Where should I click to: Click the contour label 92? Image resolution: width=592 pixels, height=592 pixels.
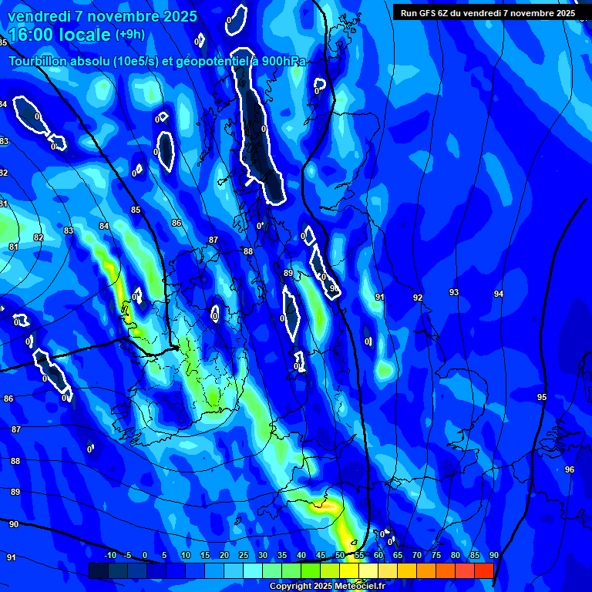tap(417, 298)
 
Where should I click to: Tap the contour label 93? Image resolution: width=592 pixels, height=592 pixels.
tap(454, 292)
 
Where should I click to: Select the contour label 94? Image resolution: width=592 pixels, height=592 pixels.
tap(499, 294)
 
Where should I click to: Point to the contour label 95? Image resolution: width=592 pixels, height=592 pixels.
tap(542, 397)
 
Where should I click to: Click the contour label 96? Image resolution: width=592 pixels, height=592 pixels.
tap(570, 469)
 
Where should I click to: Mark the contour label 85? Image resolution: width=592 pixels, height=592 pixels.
tap(136, 210)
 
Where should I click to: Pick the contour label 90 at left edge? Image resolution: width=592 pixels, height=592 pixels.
tap(13, 524)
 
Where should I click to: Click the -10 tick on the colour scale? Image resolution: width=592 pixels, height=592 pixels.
tap(109, 556)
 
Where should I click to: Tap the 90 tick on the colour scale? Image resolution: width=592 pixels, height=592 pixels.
tap(493, 556)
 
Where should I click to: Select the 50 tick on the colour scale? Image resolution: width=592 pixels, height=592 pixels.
tap(340, 556)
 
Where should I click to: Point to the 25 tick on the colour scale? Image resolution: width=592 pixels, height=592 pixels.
tap(243, 556)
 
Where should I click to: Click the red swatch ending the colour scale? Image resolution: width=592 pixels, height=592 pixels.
tap(484, 570)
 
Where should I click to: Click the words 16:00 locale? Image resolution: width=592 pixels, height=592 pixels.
tap(60, 35)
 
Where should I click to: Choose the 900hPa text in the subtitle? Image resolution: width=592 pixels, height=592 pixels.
tap(281, 62)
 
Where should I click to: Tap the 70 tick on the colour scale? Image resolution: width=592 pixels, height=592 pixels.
tap(417, 556)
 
